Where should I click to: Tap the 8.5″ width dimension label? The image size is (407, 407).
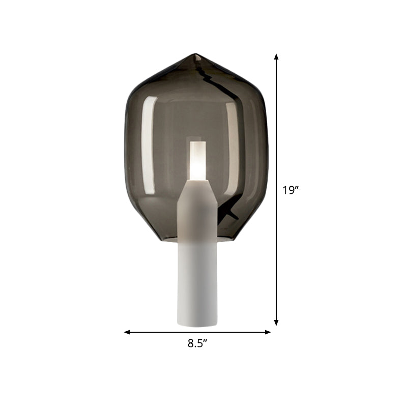coord(197,343)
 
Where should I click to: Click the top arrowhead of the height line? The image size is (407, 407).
coord(276,57)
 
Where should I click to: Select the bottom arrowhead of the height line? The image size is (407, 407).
coord(276,323)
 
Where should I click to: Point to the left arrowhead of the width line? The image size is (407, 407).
coord(127,332)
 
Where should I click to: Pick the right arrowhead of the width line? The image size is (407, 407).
coord(268,332)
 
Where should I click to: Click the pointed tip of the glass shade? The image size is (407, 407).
coord(195,54)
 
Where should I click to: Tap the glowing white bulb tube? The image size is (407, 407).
coord(197,161)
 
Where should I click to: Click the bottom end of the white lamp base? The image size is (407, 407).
coord(197,325)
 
